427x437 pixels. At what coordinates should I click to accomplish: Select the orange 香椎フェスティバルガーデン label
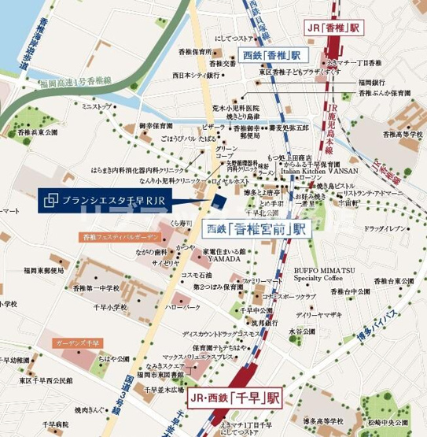[x=118, y=236]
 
